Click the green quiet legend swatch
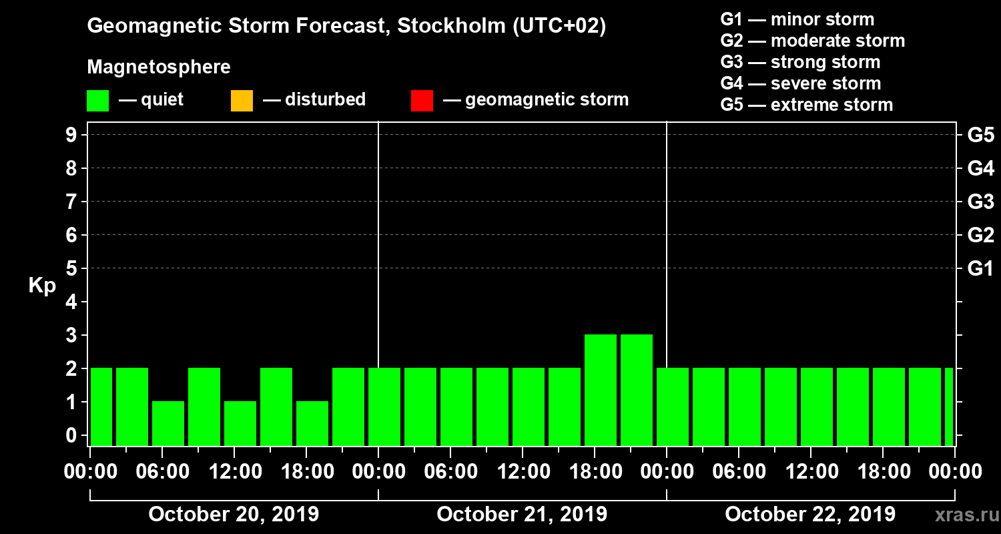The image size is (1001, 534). pos(97,101)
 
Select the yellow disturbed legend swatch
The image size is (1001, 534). pos(242,101)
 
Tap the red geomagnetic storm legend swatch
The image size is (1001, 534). pos(422,101)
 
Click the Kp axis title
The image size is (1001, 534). pos(42,286)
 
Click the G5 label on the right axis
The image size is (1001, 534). pos(980,136)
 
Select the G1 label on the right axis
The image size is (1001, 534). pos(980,269)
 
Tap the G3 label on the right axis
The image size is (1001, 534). pos(980,202)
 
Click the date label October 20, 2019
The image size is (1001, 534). pos(234,515)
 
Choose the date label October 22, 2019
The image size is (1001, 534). pos(810,515)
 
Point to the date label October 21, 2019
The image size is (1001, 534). pos(522,515)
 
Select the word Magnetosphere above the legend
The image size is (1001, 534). pos(159,67)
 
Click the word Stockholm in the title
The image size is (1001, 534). pos(450,27)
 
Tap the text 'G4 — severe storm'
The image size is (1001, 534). pos(801,83)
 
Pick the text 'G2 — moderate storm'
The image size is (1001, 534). pos(813,41)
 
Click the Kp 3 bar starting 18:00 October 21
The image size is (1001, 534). pos(601,390)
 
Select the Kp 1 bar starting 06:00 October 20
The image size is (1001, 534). pos(168,423)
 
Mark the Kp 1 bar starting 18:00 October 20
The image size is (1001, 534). pos(312,423)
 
